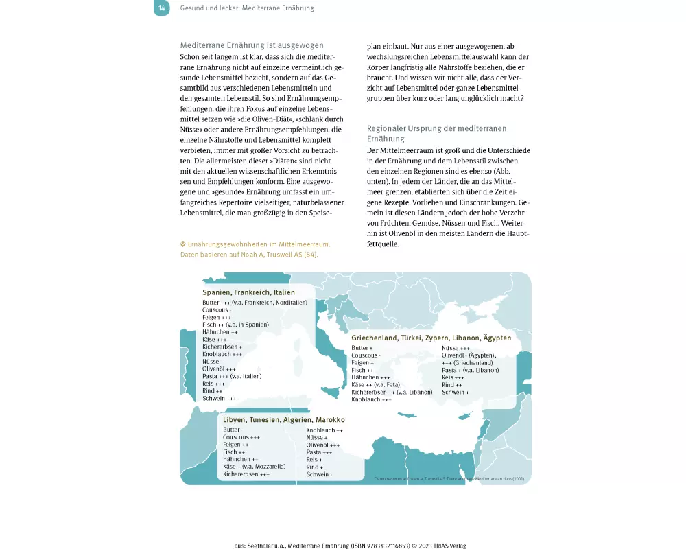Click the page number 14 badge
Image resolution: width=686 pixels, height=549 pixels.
(161, 8)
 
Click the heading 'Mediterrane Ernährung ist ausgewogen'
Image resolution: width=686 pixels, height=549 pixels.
(251, 45)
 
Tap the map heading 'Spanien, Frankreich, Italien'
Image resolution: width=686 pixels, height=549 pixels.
(248, 292)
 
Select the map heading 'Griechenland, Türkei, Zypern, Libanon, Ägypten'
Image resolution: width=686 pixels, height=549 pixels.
(431, 338)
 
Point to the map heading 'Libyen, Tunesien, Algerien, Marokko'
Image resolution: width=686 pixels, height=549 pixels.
(283, 419)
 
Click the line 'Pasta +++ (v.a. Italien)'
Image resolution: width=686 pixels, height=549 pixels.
(232, 376)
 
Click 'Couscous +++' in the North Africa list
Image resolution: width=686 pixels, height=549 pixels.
(241, 437)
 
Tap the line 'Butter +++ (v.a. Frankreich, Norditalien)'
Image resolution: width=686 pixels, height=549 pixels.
(255, 303)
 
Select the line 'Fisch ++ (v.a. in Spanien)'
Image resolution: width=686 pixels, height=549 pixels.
(235, 325)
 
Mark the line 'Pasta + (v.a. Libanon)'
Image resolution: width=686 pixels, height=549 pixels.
(470, 370)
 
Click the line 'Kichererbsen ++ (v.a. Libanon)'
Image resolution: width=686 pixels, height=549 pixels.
(392, 392)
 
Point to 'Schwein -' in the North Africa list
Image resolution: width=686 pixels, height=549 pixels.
(319, 474)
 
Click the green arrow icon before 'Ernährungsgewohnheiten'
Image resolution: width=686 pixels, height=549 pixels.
(183, 244)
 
